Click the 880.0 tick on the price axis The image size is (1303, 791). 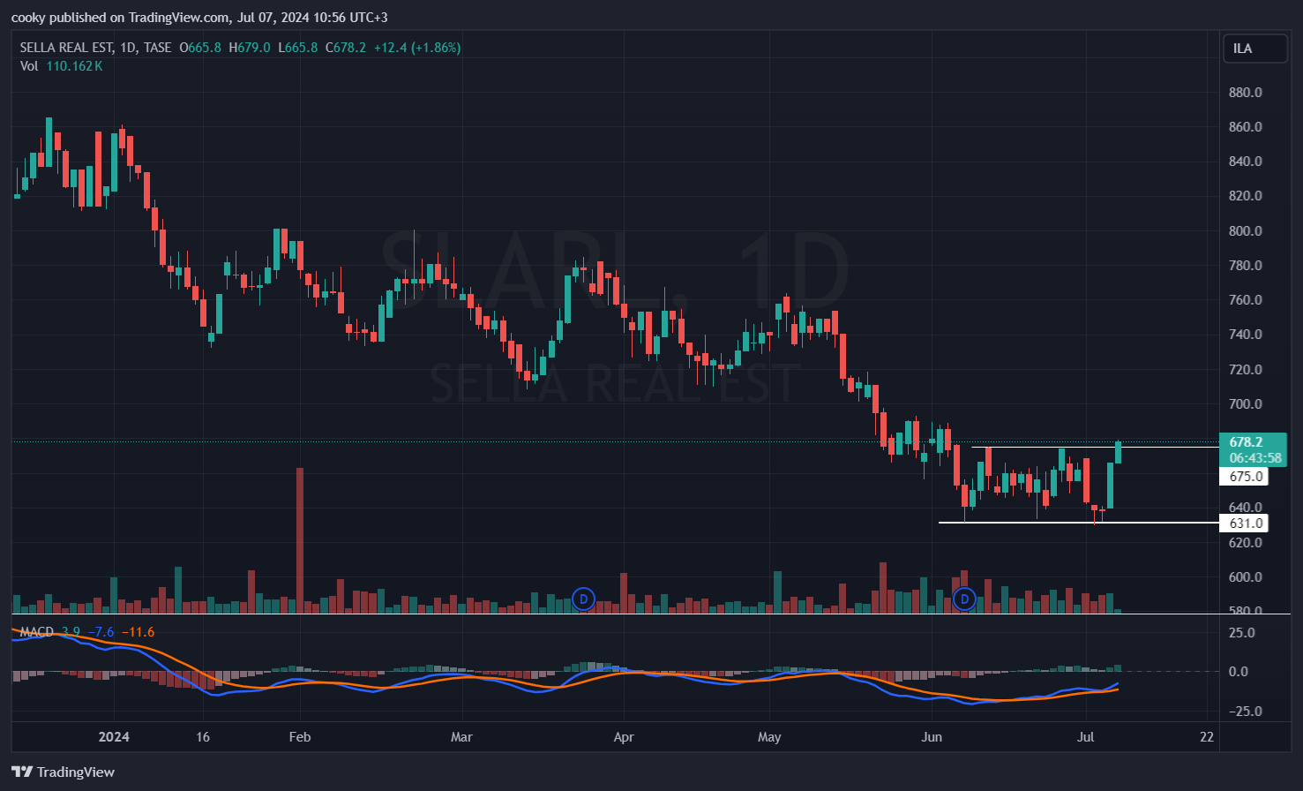1245,93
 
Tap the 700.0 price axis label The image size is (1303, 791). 1245,404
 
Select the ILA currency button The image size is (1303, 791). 1254,49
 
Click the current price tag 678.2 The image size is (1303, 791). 1246,442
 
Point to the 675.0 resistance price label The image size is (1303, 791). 1246,477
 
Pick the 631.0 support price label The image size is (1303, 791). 1246,524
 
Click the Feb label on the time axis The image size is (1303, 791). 300,737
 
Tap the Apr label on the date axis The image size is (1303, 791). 624,737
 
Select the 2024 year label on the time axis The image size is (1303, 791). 114,737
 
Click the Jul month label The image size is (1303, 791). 1085,737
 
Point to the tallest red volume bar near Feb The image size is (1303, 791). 300,539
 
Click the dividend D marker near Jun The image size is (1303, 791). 964,599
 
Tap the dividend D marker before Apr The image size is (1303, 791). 582,599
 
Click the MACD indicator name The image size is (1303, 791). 37,632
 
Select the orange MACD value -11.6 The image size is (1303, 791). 138,632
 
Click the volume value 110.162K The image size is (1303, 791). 74,66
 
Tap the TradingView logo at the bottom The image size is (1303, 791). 64,772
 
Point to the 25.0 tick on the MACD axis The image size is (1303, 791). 1242,633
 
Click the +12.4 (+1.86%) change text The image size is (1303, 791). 416,48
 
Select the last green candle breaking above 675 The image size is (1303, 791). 1118,452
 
